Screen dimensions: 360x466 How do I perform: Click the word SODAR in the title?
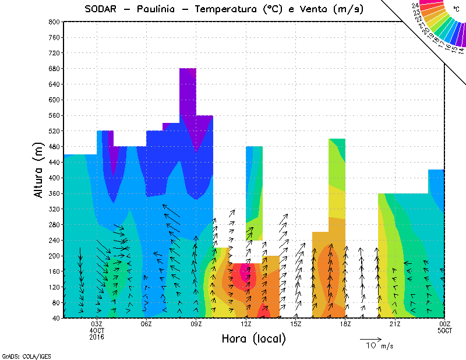point(102,9)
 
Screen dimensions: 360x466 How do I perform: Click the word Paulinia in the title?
point(160,9)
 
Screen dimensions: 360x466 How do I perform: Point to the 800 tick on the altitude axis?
point(54,22)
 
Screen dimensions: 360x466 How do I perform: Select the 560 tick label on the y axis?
point(54,115)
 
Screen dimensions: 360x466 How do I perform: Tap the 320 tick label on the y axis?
point(54,209)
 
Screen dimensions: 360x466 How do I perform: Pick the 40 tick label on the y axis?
point(56,319)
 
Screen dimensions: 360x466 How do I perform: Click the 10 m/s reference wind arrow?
point(370,338)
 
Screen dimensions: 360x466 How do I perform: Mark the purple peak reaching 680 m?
point(188,73)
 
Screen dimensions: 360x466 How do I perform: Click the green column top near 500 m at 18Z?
point(337,143)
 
